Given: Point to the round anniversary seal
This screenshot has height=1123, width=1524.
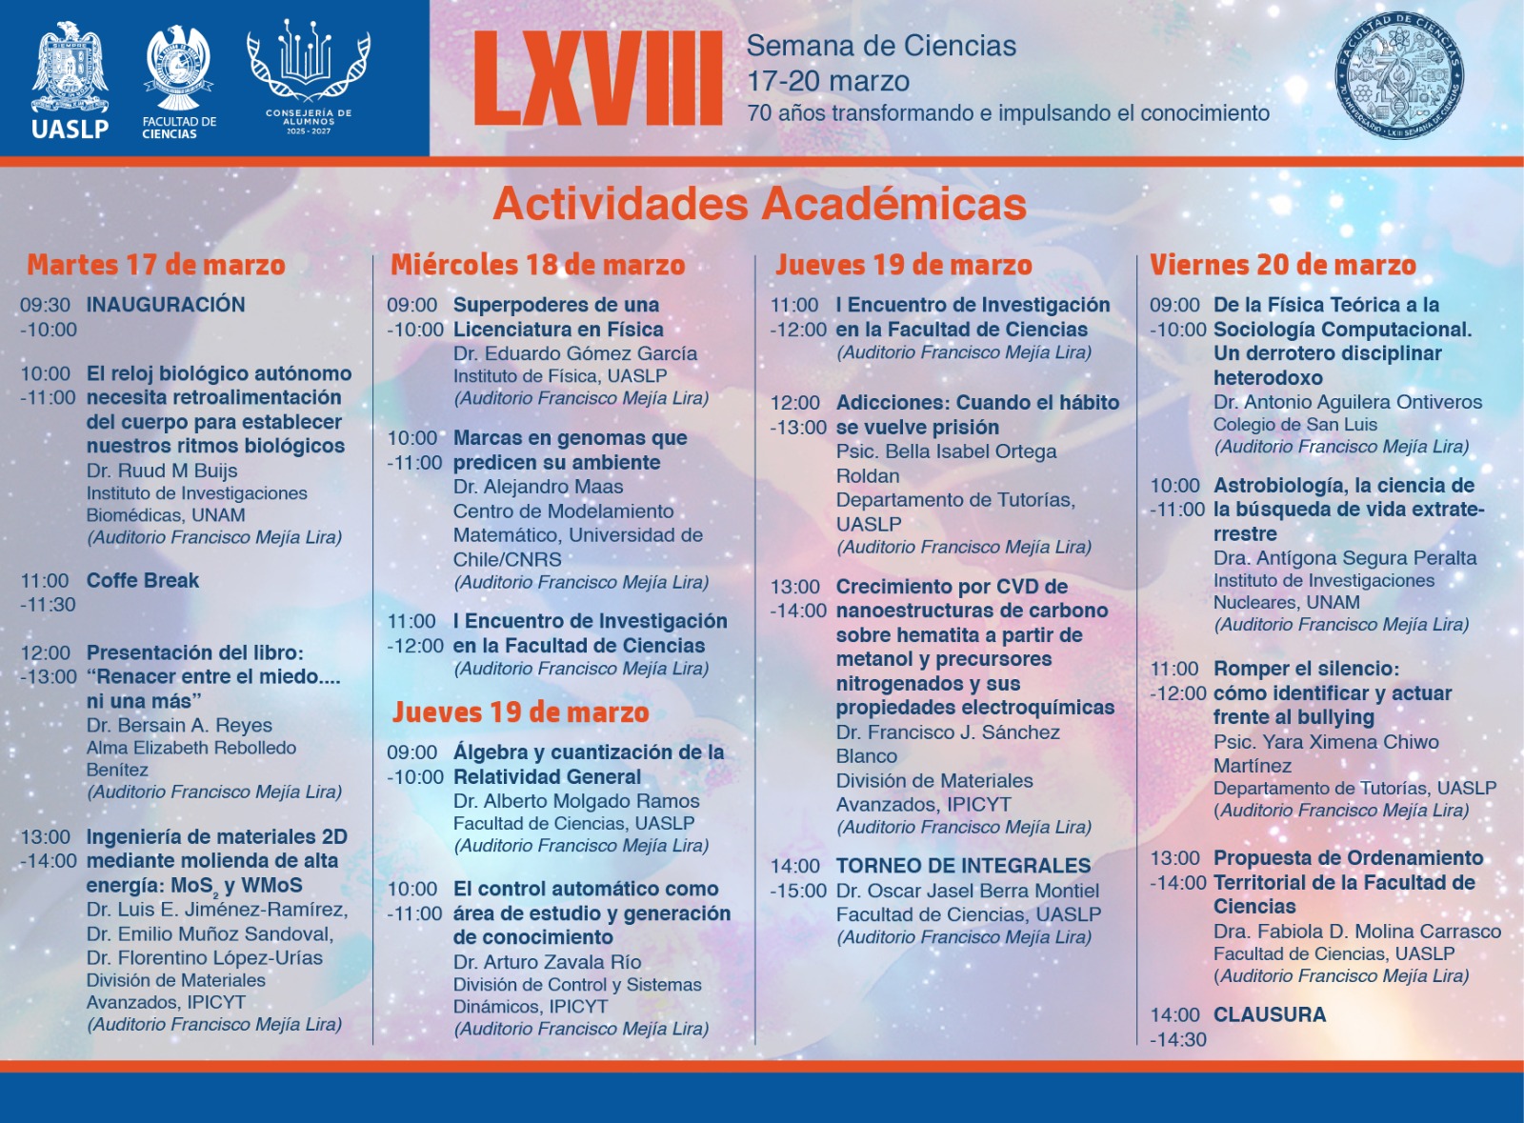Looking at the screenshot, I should [1398, 78].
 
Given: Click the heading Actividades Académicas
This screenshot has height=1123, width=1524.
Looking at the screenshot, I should [759, 204].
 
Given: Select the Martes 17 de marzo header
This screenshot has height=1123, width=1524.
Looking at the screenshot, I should [156, 265].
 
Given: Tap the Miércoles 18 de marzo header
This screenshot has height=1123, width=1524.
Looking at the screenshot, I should [537, 265].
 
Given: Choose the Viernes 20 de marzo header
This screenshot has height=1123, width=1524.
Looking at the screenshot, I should [1282, 265].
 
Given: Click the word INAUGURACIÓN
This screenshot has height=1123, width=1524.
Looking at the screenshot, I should [166, 305].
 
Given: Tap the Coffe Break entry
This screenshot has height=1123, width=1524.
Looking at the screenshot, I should [143, 580].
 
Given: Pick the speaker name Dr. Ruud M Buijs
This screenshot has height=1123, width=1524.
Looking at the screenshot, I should [162, 471].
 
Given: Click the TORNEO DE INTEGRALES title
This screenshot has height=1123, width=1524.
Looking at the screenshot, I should [963, 866].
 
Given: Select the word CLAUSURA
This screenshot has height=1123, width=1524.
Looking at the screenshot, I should [1269, 1014].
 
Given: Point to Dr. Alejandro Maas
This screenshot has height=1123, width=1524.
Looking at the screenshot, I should [537, 487].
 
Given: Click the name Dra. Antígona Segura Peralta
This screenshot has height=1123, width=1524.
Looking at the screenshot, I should [1344, 558].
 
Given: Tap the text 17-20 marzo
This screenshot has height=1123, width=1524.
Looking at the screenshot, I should [828, 81].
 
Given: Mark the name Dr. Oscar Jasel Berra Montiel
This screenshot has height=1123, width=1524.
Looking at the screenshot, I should [967, 891].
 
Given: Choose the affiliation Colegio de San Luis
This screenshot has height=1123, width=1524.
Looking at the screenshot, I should [1294, 425].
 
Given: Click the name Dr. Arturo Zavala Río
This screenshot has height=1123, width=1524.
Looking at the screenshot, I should [547, 962].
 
